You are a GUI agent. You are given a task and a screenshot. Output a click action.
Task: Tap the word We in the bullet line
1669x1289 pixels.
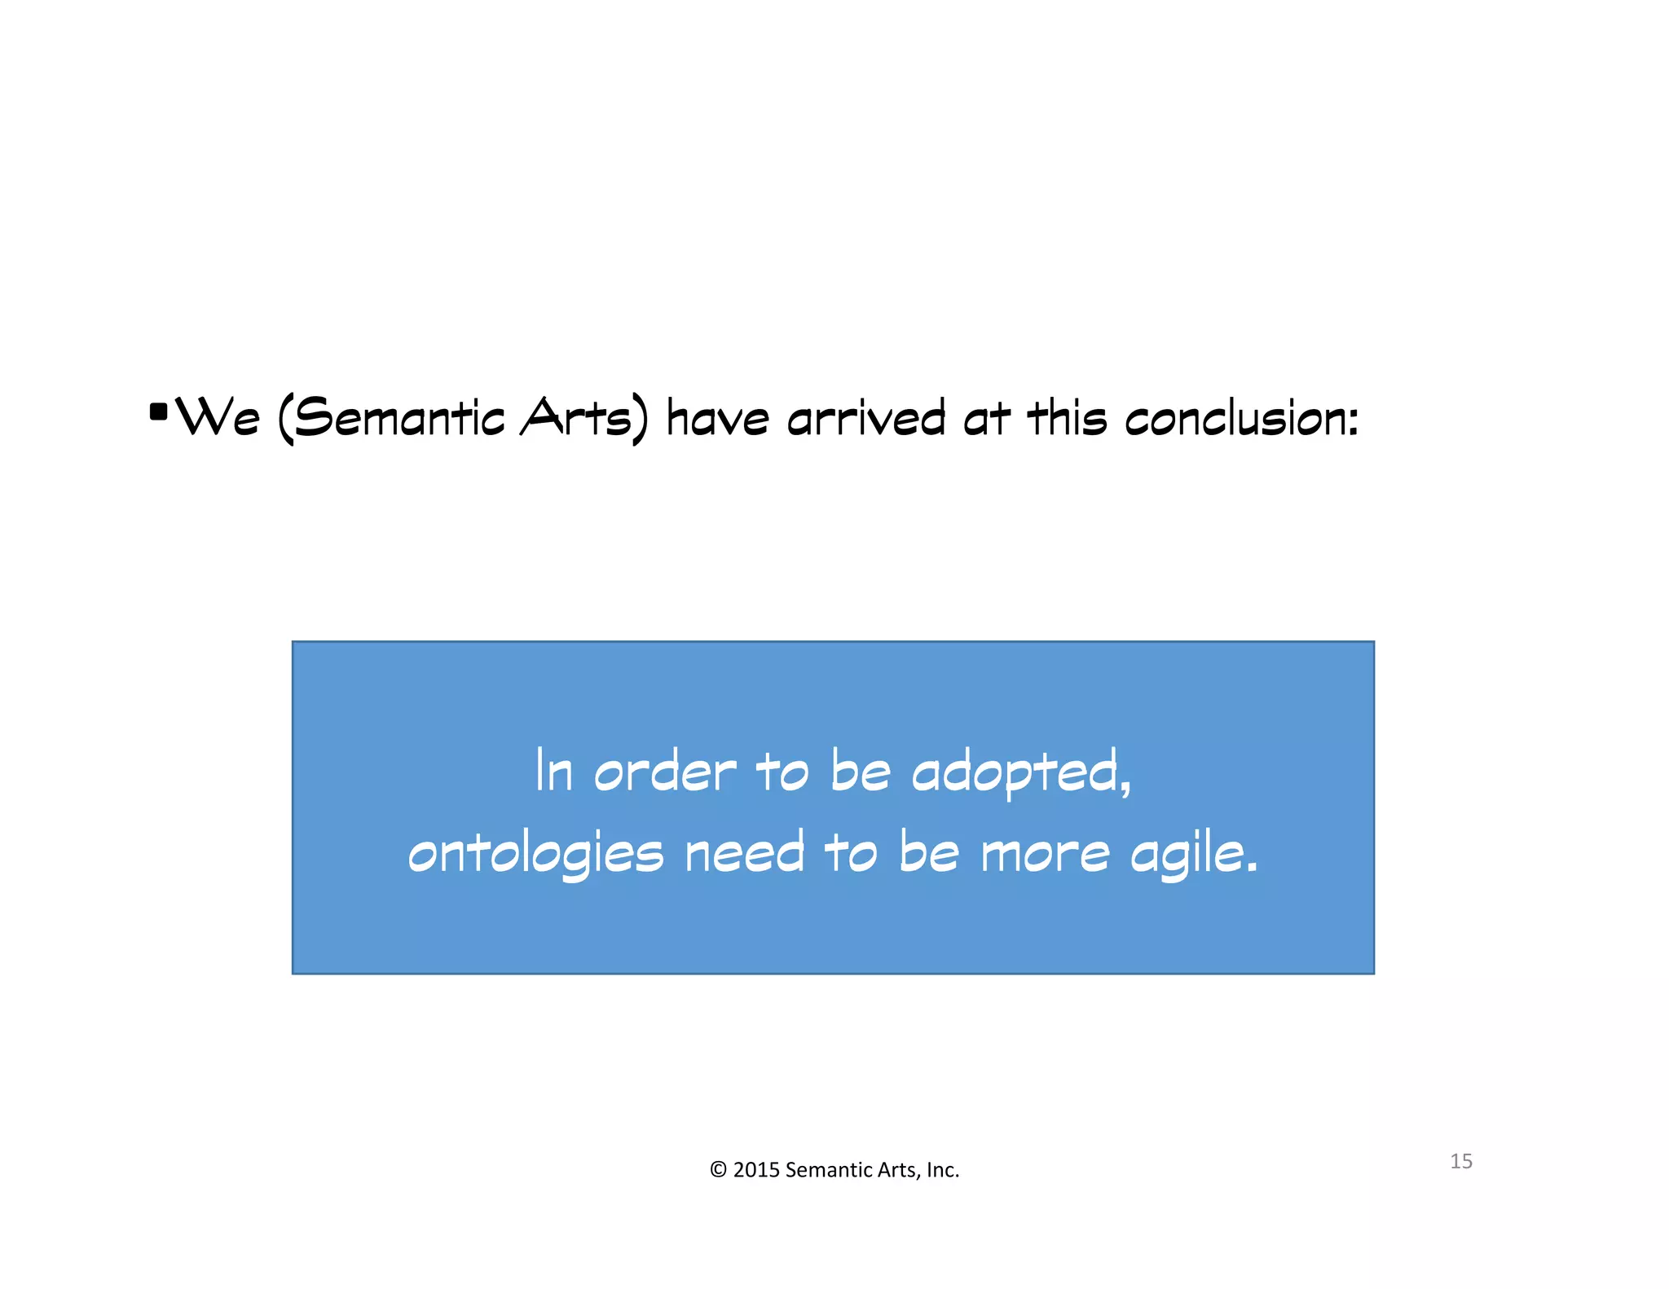(x=218, y=418)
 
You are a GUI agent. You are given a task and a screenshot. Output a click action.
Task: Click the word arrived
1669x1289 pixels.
(x=865, y=418)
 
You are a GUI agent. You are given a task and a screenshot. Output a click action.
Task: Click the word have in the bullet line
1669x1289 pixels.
(x=717, y=418)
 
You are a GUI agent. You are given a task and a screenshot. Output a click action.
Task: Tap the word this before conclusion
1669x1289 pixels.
(x=1067, y=418)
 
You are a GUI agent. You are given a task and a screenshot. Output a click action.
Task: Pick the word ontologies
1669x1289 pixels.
(x=535, y=854)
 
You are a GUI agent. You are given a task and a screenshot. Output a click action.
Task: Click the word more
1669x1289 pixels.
(x=1045, y=854)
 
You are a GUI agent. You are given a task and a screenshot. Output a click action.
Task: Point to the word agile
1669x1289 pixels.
(x=1191, y=854)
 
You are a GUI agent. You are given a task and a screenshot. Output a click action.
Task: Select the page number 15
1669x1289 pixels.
(x=1460, y=1161)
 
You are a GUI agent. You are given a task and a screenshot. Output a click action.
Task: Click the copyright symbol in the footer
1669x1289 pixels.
(x=718, y=1170)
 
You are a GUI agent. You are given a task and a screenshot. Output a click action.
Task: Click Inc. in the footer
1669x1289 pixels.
(x=943, y=1170)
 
